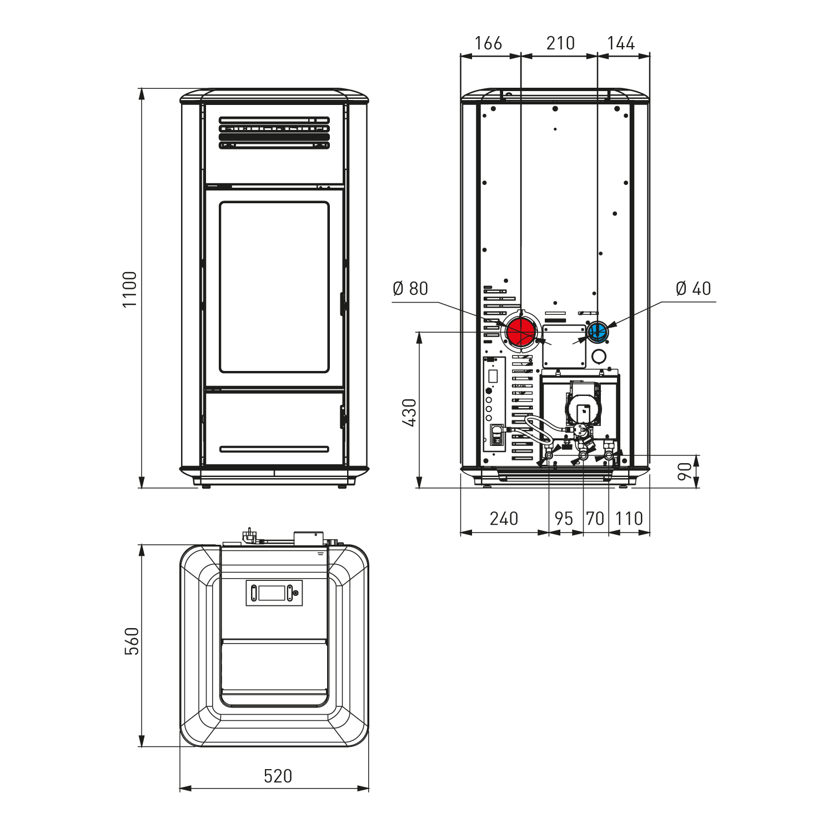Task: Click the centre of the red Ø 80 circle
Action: pyautogui.click(x=521, y=332)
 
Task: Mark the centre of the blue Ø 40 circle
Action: pyautogui.click(x=598, y=332)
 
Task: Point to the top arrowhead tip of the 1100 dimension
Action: pyautogui.click(x=142, y=88)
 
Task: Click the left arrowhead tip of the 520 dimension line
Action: pyautogui.click(x=180, y=787)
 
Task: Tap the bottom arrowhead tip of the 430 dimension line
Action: pyautogui.click(x=419, y=488)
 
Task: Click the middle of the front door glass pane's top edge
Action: pyautogui.click(x=274, y=202)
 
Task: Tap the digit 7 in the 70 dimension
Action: pyautogui.click(x=591, y=518)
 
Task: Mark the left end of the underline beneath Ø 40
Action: pyautogui.click(x=662, y=302)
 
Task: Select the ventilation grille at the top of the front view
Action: pyautogui.click(x=274, y=133)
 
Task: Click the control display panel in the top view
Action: pyautogui.click(x=274, y=593)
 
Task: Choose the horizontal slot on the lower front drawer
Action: pyautogui.click(x=274, y=449)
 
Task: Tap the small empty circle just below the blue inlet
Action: pyautogui.click(x=599, y=356)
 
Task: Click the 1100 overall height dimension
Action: pyautogui.click(x=129, y=289)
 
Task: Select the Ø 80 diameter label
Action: pyautogui.click(x=410, y=288)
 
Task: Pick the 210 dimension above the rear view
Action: pyautogui.click(x=560, y=43)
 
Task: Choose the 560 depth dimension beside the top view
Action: pyautogui.click(x=132, y=641)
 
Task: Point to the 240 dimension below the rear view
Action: pyautogui.click(x=504, y=518)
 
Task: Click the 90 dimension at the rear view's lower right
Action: pyautogui.click(x=685, y=471)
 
